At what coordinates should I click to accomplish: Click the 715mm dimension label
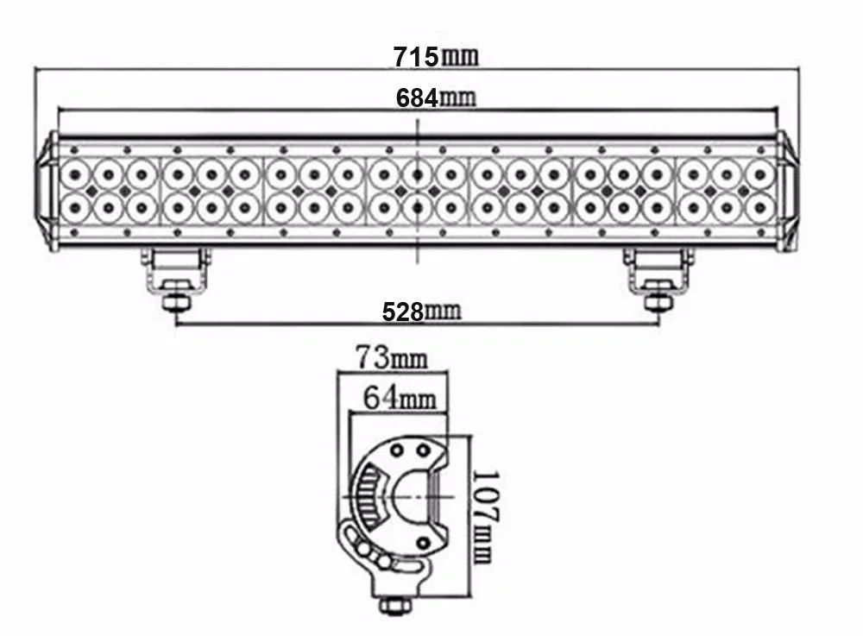[x=436, y=57]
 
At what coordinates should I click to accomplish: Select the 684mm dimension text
[x=436, y=98]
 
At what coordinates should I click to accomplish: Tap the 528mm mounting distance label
[x=422, y=312]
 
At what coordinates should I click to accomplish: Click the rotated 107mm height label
[x=485, y=517]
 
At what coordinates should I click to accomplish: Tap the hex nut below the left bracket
[x=176, y=303]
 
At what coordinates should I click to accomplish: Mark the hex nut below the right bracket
[x=658, y=303]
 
